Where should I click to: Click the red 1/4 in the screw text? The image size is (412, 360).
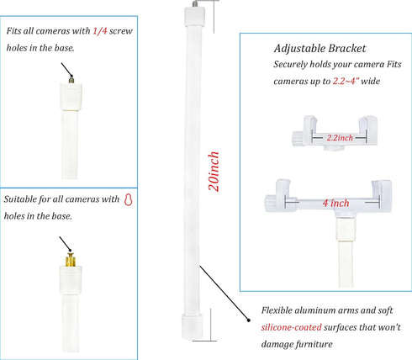100,31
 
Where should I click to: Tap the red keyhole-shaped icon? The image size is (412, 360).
129,199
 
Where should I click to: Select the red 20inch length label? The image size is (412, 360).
214,172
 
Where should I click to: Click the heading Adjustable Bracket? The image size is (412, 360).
320,49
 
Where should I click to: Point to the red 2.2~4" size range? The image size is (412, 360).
346,81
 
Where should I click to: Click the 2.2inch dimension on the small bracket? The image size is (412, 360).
340,138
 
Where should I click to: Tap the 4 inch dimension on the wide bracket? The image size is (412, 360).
335,203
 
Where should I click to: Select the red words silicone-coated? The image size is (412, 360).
291,327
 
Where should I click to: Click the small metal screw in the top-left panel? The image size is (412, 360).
71,79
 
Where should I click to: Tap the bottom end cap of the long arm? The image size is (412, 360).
193,326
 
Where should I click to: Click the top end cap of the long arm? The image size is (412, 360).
194,16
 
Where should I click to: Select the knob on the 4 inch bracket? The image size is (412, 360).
271,203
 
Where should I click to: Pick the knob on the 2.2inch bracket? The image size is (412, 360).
298,139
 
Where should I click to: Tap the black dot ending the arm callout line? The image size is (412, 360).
248,320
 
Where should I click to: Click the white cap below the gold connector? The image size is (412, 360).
71,280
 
